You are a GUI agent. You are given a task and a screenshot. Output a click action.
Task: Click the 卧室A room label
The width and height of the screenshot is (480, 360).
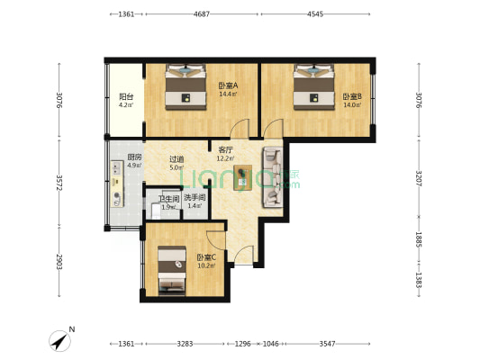pos(228,85)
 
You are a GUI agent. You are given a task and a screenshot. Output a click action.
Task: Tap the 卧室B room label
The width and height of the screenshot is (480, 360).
pos(352,96)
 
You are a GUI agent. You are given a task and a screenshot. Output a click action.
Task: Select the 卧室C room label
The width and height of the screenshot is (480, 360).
pos(206,257)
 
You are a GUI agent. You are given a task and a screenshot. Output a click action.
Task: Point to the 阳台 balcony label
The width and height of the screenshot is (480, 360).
pos(126,97)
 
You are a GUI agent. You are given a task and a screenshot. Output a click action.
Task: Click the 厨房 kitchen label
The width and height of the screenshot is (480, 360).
pos(135,157)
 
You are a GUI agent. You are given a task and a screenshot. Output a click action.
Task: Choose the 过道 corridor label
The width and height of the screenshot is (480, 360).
pos(177,159)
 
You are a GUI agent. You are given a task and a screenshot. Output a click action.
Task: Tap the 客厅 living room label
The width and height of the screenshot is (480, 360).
pos(226,150)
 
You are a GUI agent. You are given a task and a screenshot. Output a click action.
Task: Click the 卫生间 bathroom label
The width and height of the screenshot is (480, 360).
pos(168,199)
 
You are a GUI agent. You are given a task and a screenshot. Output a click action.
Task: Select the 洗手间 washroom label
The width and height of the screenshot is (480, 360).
pos(195,198)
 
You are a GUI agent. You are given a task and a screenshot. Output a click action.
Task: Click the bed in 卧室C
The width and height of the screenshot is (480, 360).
pos(172,270)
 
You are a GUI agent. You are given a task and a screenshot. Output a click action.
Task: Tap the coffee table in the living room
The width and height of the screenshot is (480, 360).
pos(243,177)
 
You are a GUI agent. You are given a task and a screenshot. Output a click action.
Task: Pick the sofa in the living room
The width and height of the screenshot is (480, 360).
pos(272,177)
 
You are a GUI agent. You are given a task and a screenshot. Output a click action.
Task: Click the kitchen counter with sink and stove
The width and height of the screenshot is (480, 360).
pos(117,184)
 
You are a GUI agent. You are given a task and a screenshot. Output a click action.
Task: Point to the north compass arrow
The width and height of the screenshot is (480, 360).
pos(60,341)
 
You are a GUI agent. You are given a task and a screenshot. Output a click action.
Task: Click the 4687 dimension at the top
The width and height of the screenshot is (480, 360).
pos(202,14)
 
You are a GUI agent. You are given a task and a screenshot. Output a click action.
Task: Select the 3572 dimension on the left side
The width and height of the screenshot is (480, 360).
pos(59,183)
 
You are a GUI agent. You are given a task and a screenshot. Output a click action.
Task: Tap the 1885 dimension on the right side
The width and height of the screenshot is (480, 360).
pos(419,239)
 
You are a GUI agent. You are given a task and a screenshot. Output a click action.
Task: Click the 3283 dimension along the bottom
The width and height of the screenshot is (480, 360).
pos(185,344)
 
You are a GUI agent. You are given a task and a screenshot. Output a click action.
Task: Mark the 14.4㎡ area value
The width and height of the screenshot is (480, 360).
pos(228,94)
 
